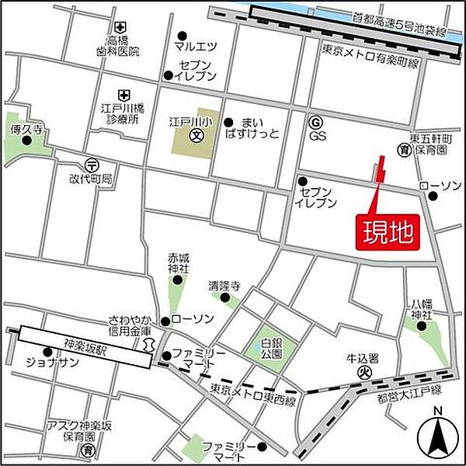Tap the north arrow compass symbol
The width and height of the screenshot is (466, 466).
pyautogui.click(x=437, y=437)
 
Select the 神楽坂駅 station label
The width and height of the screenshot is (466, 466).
pyautogui.click(x=86, y=339)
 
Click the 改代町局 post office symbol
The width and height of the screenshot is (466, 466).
pyautogui.click(x=93, y=165)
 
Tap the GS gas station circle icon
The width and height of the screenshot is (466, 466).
pyautogui.click(x=315, y=122)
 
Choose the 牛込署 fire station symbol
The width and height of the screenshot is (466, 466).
pyautogui.click(x=362, y=373)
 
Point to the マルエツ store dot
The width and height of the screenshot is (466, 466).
pyautogui.click(x=182, y=35)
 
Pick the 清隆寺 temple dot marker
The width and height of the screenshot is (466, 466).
pyautogui.click(x=226, y=297)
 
